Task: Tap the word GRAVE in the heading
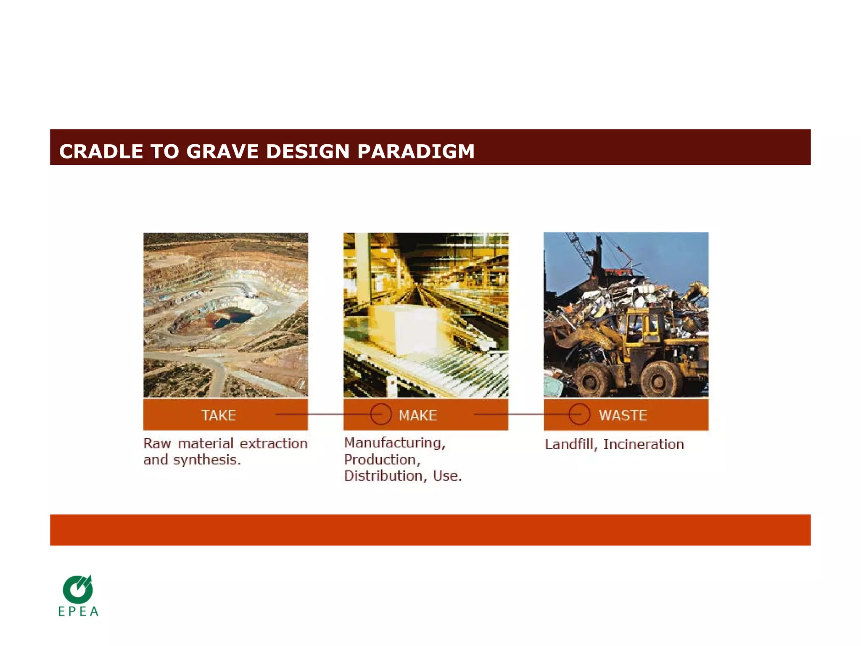222,151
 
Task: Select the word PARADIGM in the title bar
416,151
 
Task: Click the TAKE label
218,416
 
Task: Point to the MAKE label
418,416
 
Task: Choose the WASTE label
623,416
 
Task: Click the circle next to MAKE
381,414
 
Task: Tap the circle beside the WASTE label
579,414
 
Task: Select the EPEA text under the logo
78,612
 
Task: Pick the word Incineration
643,445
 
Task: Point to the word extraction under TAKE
273,444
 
